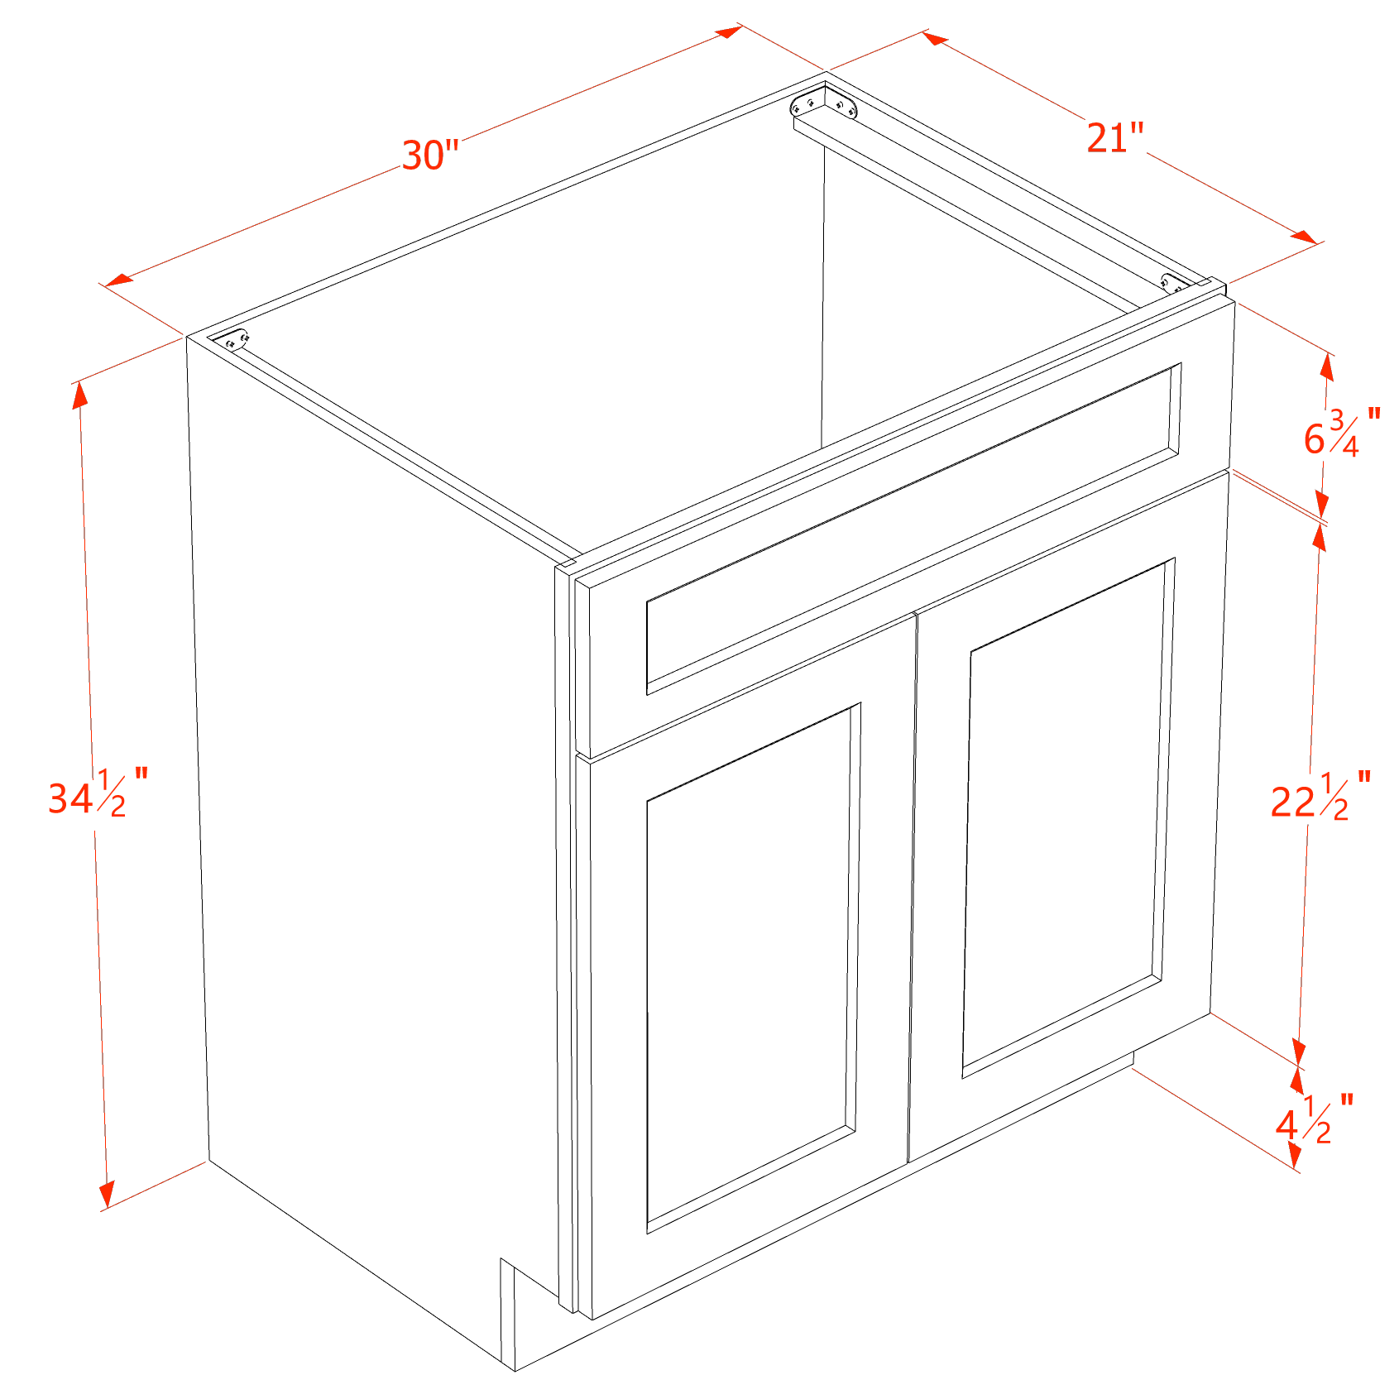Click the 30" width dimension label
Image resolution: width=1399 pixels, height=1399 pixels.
coord(430,155)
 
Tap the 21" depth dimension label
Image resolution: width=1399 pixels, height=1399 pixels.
coord(1115,137)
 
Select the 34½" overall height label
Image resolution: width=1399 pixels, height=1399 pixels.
coord(98,793)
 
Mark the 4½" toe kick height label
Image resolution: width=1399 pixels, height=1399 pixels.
coord(1315,1119)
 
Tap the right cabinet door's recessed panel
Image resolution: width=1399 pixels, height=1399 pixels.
coord(1068,819)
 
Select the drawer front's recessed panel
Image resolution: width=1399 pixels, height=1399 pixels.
coord(913,529)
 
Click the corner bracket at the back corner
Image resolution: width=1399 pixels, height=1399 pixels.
coord(824,105)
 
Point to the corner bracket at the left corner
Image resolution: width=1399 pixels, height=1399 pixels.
coord(230,340)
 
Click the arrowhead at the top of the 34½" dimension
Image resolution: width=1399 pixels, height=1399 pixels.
coord(79,395)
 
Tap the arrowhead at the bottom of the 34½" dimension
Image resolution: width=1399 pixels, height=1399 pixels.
coord(106,1195)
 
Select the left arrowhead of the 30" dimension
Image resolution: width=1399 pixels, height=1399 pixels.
coord(118,280)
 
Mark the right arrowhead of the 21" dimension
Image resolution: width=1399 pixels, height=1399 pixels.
coord(1304,237)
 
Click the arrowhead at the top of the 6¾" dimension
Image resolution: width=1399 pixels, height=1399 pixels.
coord(1327,367)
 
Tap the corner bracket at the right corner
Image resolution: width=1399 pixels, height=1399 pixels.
coord(1176,283)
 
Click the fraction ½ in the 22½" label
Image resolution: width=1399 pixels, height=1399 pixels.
coord(1334,796)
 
